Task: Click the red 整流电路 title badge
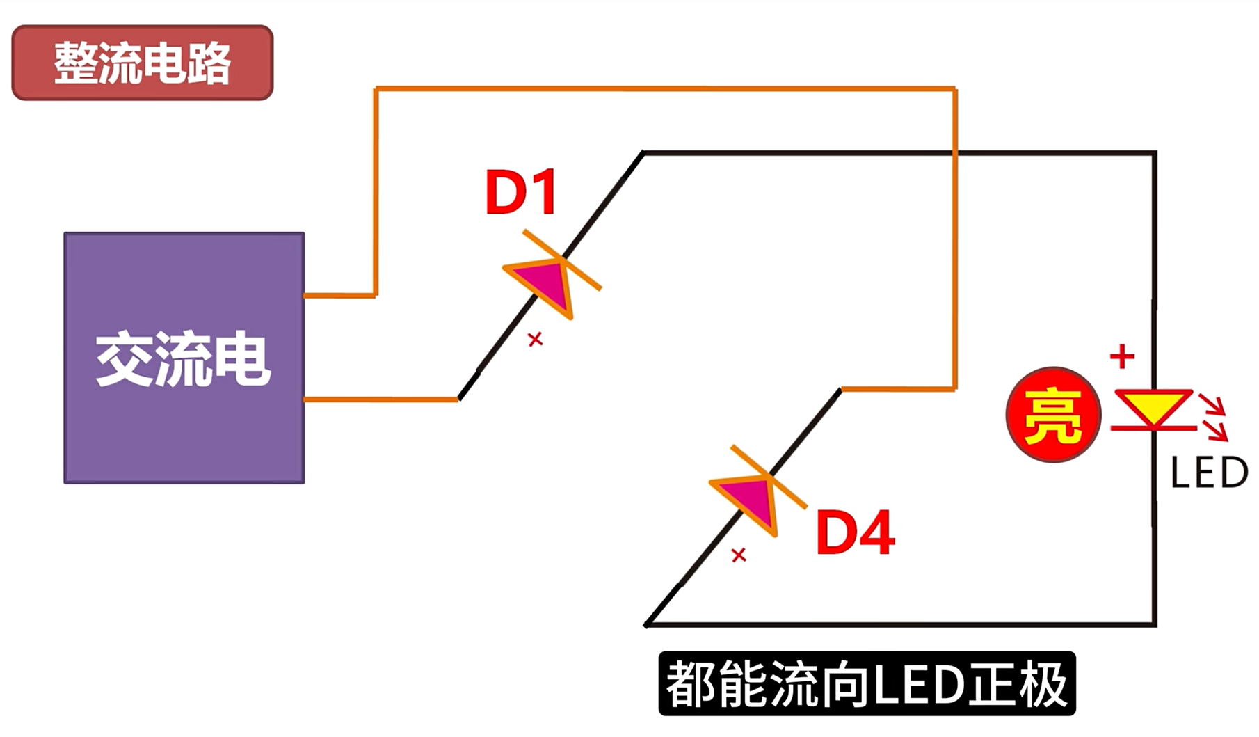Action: coord(143,63)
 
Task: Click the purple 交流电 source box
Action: coord(184,358)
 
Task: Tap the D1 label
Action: coord(521,192)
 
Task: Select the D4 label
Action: coord(855,532)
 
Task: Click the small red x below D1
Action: coord(535,340)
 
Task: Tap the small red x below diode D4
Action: coord(739,555)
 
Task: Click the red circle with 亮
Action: coord(1053,415)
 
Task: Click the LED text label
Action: coord(1210,473)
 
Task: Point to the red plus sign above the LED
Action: coord(1122,357)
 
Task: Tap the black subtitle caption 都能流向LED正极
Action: coord(867,683)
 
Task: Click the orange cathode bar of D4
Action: coord(769,477)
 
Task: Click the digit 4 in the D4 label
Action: coord(876,532)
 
